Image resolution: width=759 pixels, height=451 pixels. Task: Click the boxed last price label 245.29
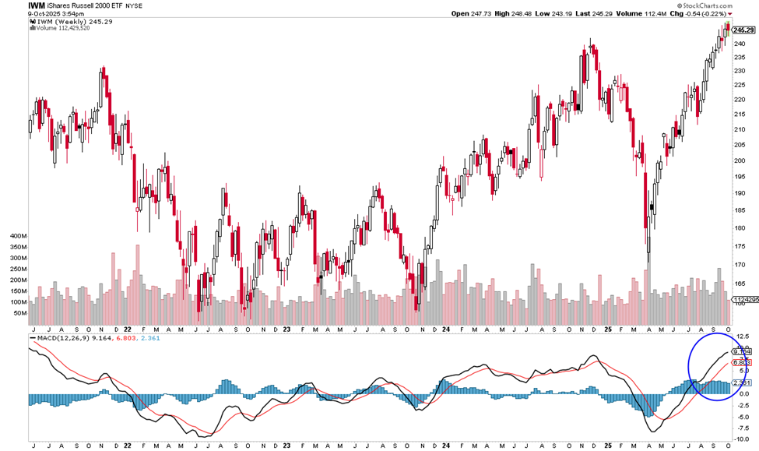click(744, 30)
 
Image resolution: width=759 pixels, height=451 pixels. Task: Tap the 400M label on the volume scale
click(16, 234)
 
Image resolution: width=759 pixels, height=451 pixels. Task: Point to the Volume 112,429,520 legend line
click(63, 29)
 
